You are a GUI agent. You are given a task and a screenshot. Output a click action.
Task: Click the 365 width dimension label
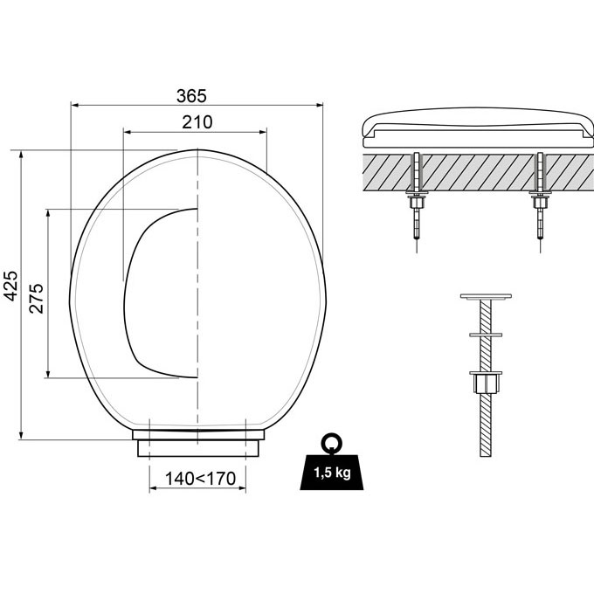197,95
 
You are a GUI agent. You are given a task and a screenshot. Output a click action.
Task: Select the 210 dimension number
197,122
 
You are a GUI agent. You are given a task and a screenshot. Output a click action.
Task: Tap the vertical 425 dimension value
10,285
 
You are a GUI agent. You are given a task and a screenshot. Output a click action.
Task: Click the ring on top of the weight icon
330,443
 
